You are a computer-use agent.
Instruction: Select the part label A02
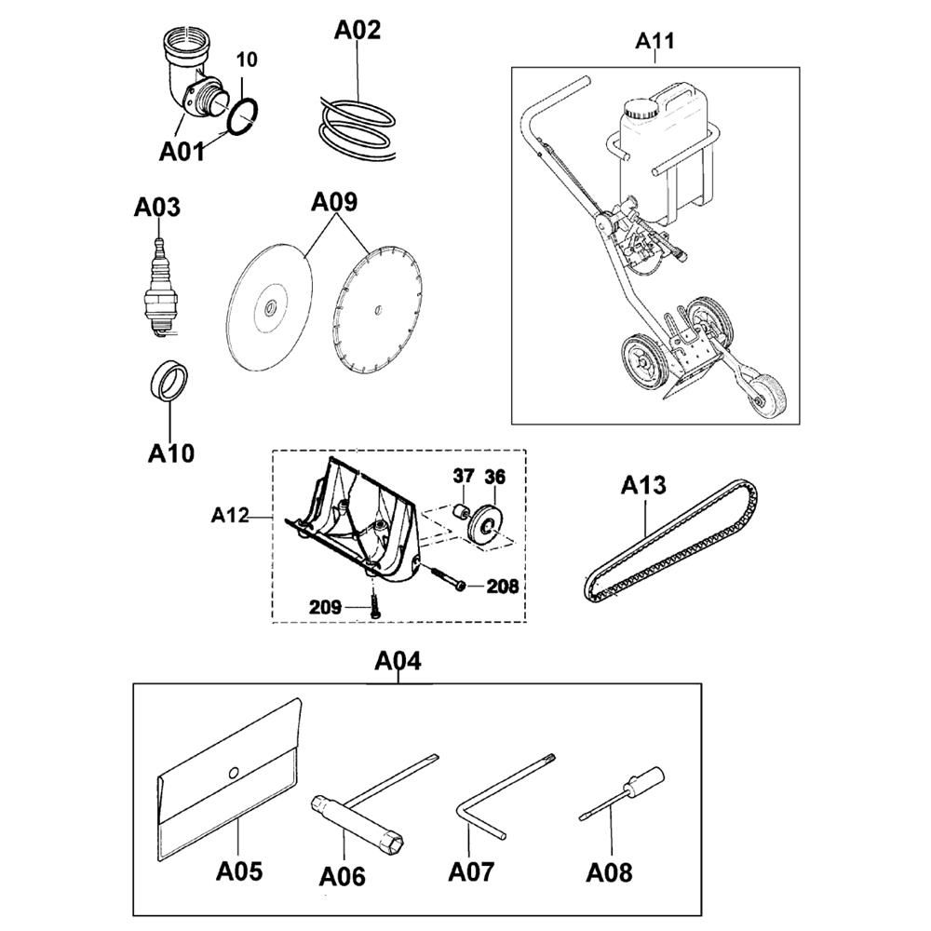[x=357, y=29]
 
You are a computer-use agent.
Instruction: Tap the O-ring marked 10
[x=243, y=117]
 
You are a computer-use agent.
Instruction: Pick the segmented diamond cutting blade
[x=375, y=310]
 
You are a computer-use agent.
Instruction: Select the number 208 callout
[x=503, y=586]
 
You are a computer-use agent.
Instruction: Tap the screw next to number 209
[x=374, y=608]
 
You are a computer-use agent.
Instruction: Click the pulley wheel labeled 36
[x=485, y=522]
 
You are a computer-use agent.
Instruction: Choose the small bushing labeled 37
[x=461, y=511]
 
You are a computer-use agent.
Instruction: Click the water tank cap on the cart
[x=641, y=110]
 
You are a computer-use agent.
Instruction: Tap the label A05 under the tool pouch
[x=239, y=871]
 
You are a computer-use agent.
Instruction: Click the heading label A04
[x=398, y=660]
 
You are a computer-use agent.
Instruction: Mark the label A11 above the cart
[x=654, y=42]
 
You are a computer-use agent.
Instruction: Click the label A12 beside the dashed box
[x=230, y=516]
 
